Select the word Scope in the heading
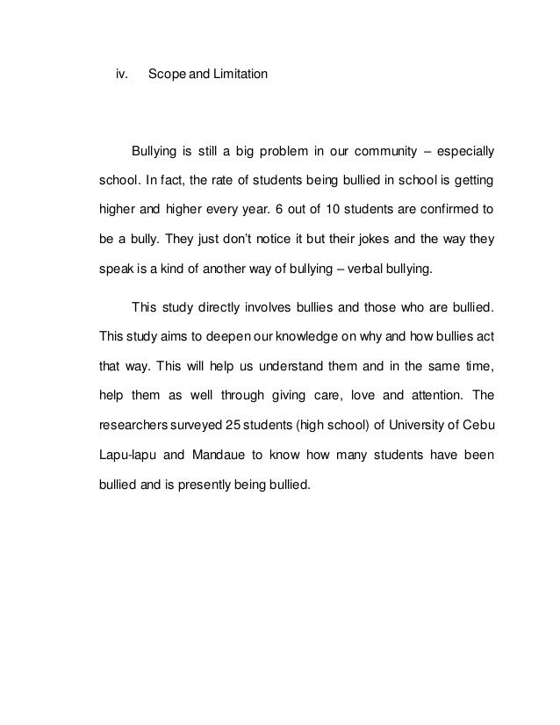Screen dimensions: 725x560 click(166, 75)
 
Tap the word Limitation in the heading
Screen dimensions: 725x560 click(237, 75)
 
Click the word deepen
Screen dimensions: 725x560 click(238, 337)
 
